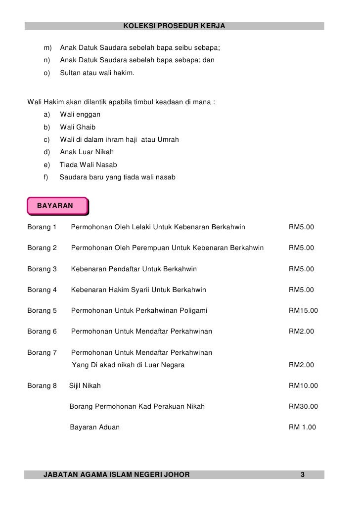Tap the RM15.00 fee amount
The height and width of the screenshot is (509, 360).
(x=303, y=311)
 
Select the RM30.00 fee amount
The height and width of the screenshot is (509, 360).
(x=303, y=407)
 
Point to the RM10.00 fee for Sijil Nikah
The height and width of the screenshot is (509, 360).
(x=303, y=385)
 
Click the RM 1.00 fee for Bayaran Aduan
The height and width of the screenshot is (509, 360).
(x=302, y=427)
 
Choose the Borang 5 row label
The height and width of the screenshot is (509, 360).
(x=42, y=311)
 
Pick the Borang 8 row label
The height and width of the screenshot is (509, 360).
(x=42, y=385)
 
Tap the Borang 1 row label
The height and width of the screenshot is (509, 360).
(x=42, y=228)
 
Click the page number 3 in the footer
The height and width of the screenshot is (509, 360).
(x=303, y=475)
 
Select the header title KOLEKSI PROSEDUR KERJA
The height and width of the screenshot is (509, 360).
(x=174, y=25)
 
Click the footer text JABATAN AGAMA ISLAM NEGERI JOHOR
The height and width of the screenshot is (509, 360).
(x=117, y=475)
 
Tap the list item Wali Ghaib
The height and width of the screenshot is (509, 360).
(x=78, y=127)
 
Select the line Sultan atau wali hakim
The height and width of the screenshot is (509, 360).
(x=97, y=73)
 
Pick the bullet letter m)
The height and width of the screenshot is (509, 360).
(x=48, y=48)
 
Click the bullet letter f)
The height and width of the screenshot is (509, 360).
(x=47, y=177)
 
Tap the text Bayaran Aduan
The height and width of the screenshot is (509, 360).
(x=94, y=427)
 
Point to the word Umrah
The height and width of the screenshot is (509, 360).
(x=167, y=140)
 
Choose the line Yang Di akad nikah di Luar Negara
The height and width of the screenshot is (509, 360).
(x=128, y=365)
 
